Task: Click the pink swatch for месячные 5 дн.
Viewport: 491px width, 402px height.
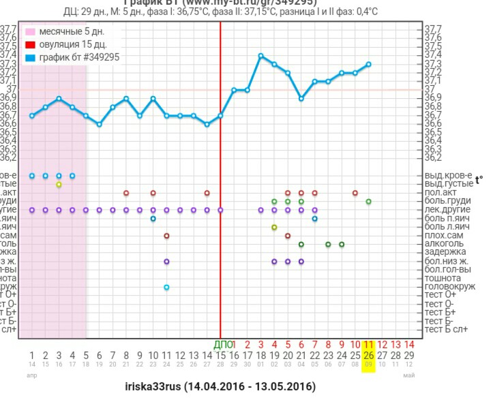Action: pos(31,32)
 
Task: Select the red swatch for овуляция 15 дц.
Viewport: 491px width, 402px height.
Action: pos(31,45)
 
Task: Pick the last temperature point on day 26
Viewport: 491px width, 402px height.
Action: pos(368,64)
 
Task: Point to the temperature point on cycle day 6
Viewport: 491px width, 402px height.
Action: pos(100,124)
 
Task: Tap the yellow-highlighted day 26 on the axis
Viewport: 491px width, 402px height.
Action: pos(368,355)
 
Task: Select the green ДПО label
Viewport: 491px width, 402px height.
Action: pos(223,345)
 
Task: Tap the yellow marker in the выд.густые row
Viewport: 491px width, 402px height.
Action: pos(59,185)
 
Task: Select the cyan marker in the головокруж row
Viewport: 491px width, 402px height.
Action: pos(166,287)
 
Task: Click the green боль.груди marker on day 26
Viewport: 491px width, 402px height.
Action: pos(368,202)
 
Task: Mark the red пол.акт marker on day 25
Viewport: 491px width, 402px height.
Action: pos(355,193)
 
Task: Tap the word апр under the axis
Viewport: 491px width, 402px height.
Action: pos(31,375)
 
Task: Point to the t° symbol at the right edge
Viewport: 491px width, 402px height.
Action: pos(479,180)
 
